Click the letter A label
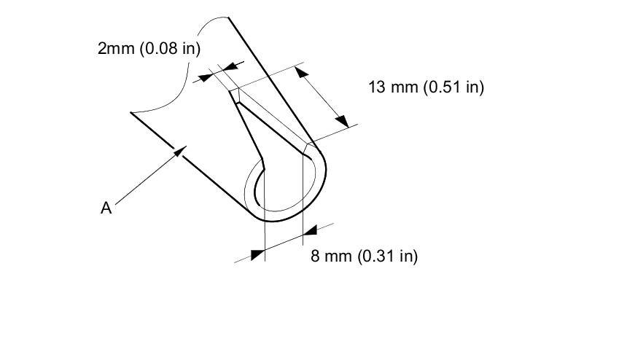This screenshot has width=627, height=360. pyautogui.click(x=106, y=208)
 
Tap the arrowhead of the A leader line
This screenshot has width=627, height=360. pyautogui.click(x=182, y=149)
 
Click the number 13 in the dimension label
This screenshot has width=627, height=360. pyautogui.click(x=376, y=87)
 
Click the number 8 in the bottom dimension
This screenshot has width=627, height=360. pyautogui.click(x=315, y=257)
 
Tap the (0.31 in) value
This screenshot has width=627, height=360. pyautogui.click(x=387, y=257)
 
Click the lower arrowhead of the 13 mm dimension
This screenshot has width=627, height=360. pyautogui.click(x=342, y=121)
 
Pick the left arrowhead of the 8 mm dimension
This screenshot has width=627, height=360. pyautogui.click(x=257, y=254)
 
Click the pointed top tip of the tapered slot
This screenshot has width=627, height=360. pyautogui.click(x=235, y=90)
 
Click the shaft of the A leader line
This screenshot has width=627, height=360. pyautogui.click(x=146, y=179)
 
